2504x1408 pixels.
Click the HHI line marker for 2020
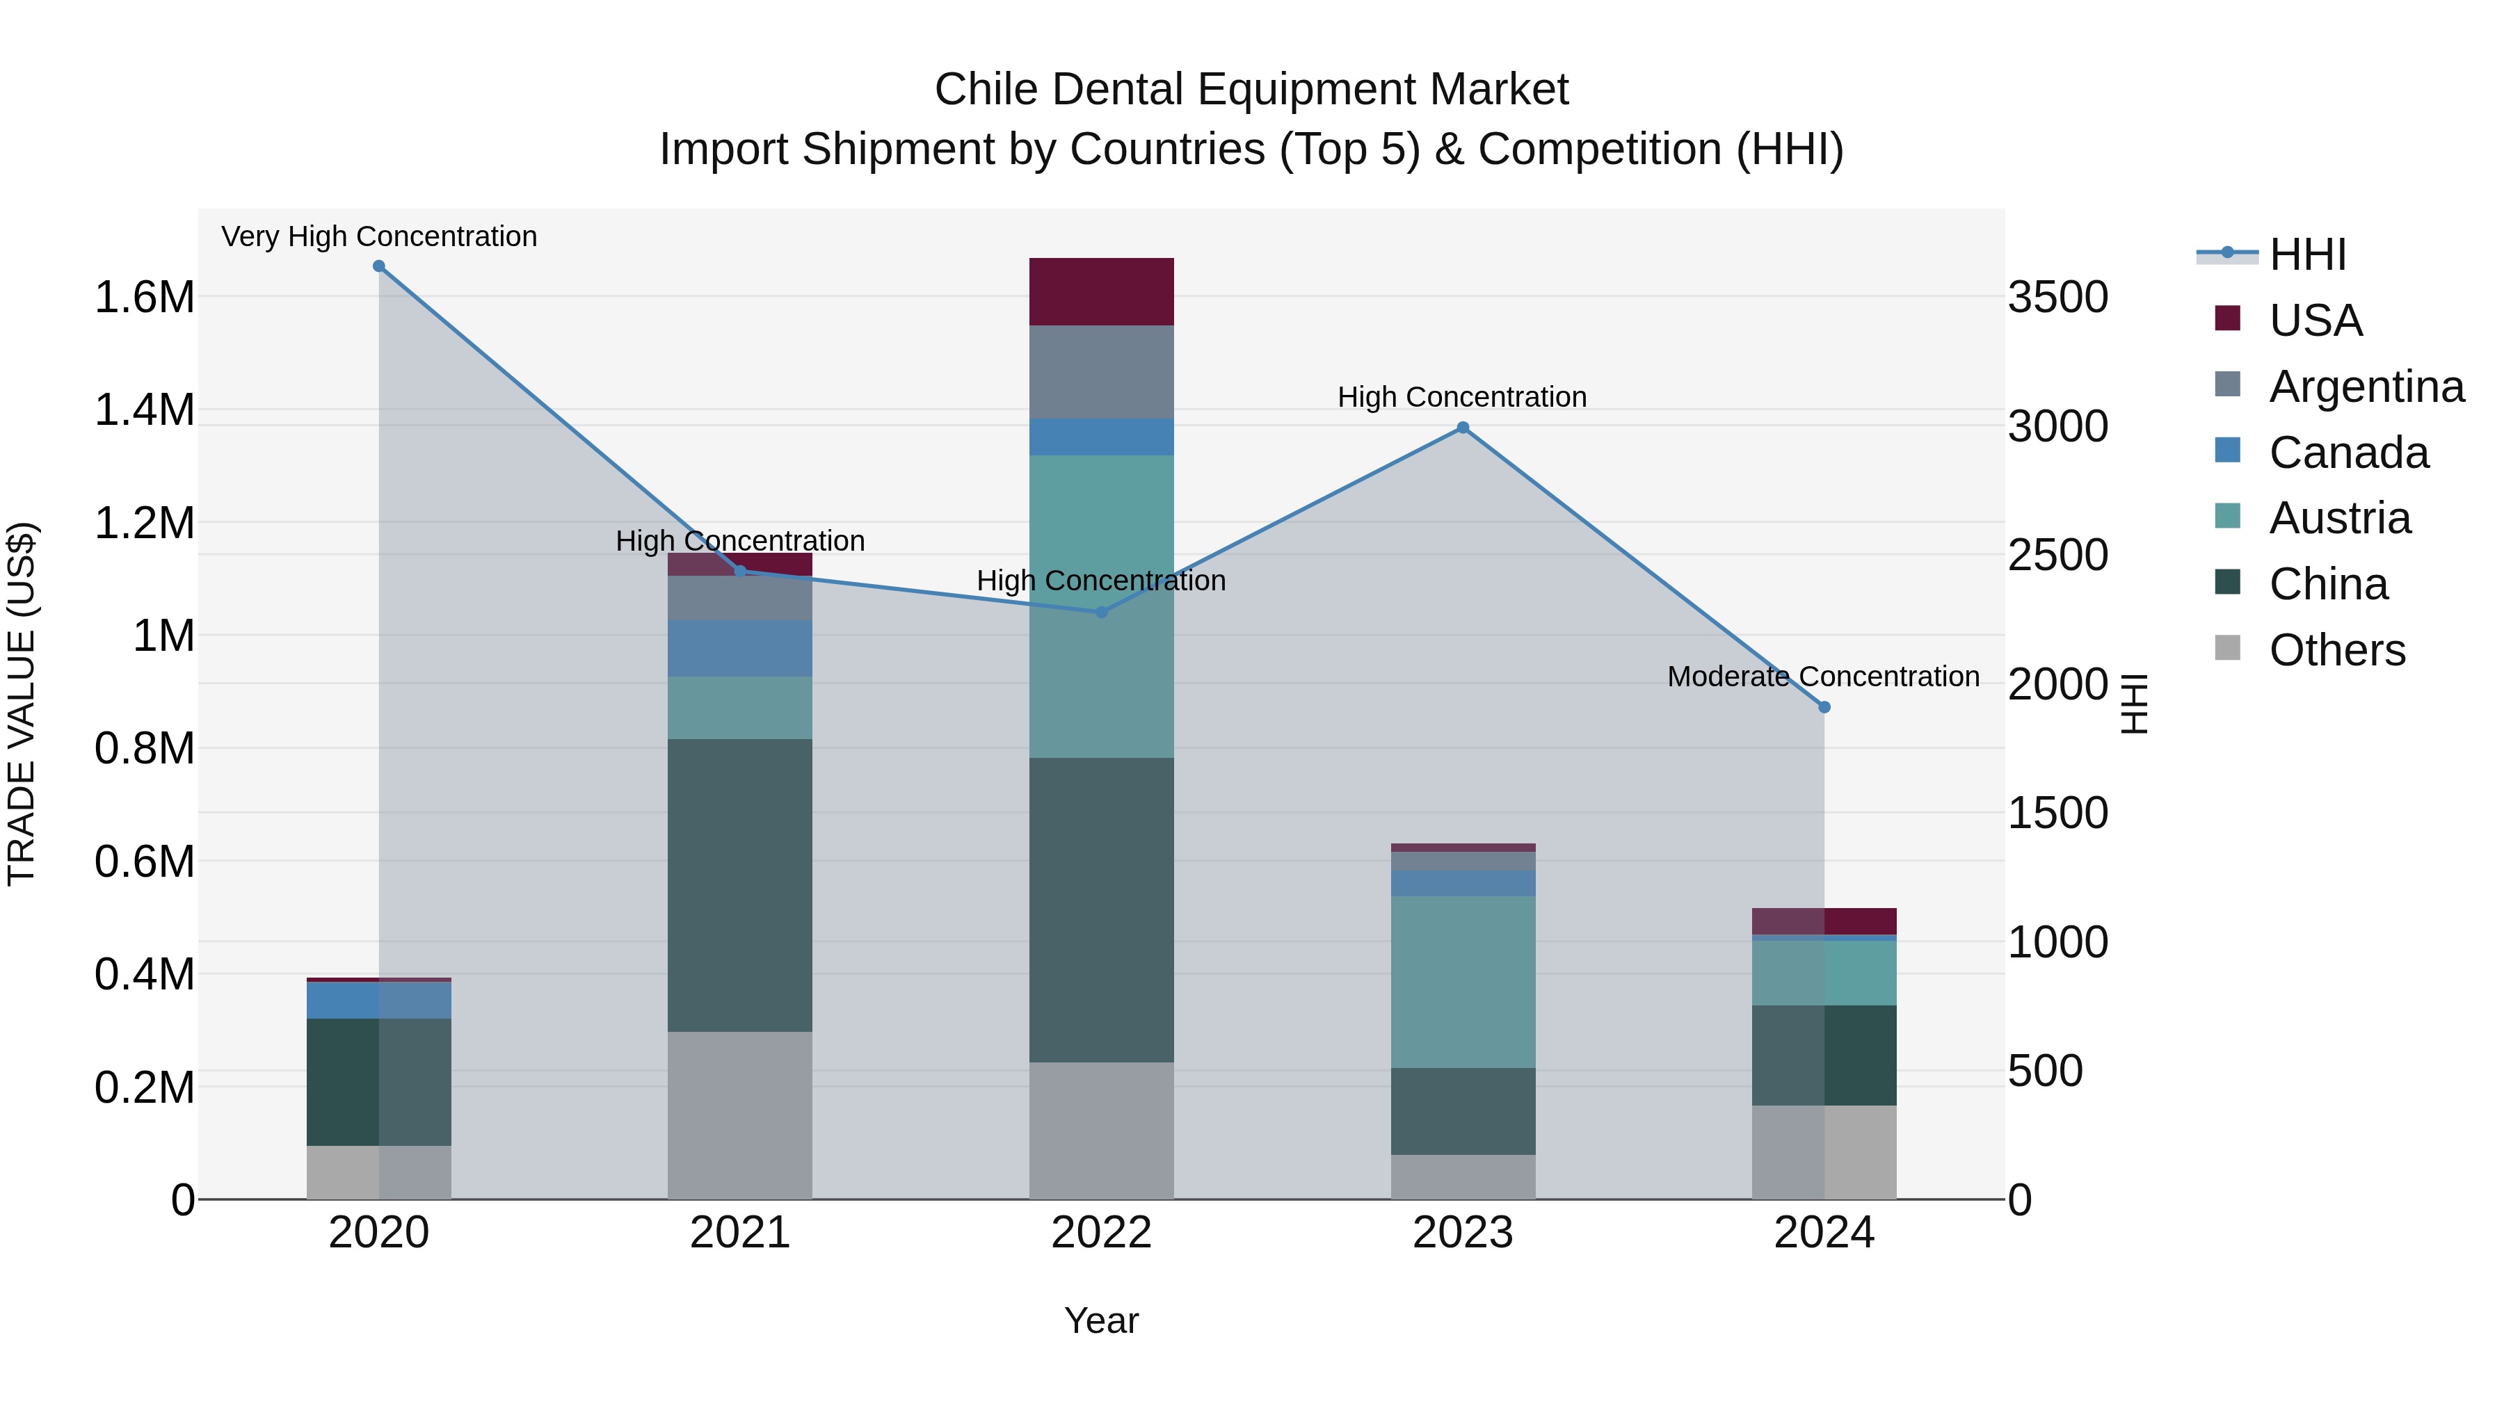[379, 266]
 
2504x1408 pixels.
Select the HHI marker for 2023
[1462, 428]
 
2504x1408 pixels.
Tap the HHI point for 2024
[1824, 707]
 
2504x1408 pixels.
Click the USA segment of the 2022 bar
[1101, 291]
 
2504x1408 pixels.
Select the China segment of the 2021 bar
[740, 884]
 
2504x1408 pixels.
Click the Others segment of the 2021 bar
[740, 1115]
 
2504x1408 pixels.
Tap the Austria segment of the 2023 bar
[1462, 981]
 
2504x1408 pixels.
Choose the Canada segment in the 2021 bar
[740, 648]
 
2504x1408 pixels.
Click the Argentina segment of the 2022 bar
[1101, 372]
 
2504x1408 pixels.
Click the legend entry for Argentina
[2366, 387]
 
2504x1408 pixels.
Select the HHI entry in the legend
[2306, 254]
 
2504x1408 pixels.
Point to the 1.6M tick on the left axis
[145, 298]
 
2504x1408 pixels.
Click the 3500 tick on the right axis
[2058, 298]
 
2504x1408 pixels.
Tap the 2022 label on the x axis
[1101, 1233]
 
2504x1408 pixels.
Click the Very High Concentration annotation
[379, 236]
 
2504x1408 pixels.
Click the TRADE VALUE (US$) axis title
[22, 704]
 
